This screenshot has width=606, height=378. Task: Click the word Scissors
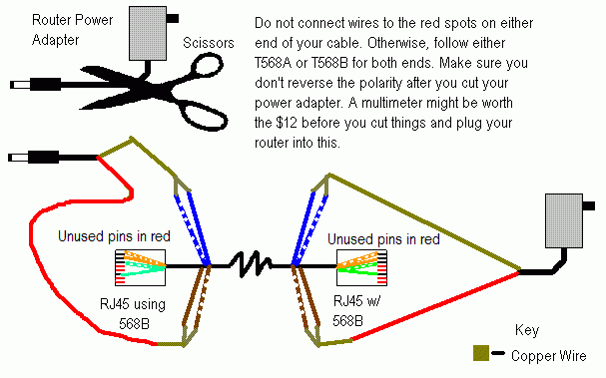coord(209,43)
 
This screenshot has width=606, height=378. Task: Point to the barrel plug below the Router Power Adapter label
coord(36,84)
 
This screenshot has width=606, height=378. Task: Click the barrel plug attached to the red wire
coord(34,158)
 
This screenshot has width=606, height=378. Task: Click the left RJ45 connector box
coord(141,267)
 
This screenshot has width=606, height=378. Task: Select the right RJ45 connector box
coord(361,267)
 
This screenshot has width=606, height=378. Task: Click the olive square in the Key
coord(481,353)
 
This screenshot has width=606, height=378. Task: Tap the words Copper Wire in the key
coord(548,356)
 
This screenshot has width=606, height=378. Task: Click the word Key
coord(527,330)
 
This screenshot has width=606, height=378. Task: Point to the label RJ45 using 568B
coord(133,314)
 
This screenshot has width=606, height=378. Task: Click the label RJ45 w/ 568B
coord(356,310)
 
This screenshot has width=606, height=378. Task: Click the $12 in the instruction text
coord(287,123)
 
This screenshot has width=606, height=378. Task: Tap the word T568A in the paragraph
coord(274,63)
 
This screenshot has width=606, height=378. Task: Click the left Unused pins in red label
coord(114,236)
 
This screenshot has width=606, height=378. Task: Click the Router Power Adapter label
coord(72,30)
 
